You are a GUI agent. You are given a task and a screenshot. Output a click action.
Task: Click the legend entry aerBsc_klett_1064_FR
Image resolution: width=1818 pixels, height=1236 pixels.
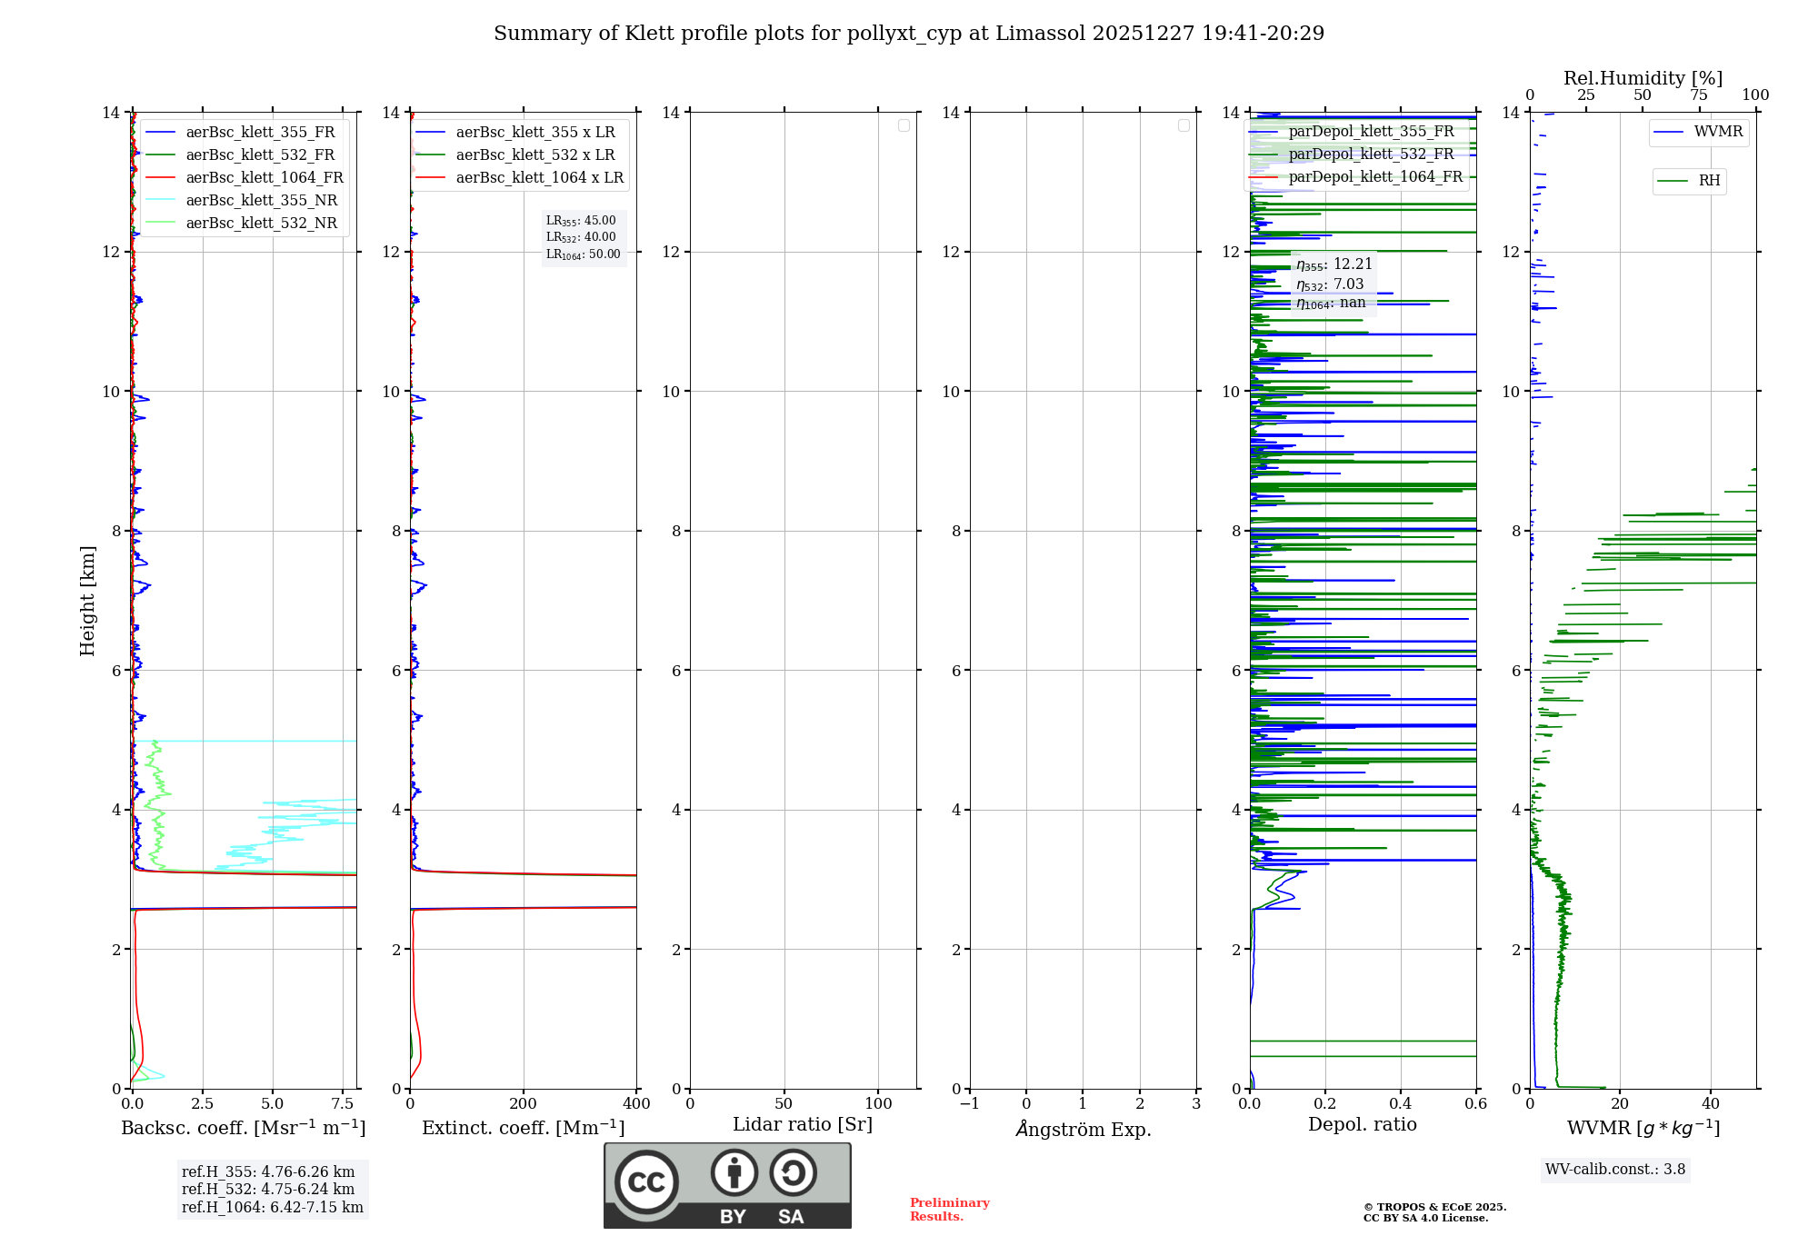pyautogui.click(x=265, y=178)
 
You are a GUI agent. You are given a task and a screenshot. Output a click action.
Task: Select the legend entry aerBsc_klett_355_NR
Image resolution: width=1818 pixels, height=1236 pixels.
pyautogui.click(x=261, y=201)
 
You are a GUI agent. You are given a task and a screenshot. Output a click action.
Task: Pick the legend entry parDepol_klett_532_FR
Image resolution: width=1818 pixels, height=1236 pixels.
pyautogui.click(x=1371, y=154)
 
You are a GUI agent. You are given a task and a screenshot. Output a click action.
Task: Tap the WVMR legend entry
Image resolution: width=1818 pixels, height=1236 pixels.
pyautogui.click(x=1718, y=132)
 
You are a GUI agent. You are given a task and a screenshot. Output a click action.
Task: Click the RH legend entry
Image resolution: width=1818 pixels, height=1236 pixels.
pyautogui.click(x=1709, y=181)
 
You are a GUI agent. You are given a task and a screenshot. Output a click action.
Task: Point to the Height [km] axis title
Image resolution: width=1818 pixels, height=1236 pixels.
pyautogui.click(x=87, y=601)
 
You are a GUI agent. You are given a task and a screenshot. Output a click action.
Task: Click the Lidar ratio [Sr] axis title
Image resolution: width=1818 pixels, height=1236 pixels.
pyautogui.click(x=803, y=1125)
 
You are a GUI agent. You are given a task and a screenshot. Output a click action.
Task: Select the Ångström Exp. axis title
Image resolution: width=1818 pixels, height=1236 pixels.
pyautogui.click(x=1084, y=1130)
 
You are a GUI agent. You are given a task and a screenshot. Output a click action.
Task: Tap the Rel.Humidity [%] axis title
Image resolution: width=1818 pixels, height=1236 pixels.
pyautogui.click(x=1643, y=78)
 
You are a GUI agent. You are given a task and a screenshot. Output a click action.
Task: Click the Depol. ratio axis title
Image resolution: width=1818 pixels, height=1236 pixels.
pyautogui.click(x=1362, y=1125)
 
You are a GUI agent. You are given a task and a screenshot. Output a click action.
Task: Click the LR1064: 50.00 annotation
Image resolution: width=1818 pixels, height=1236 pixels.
pyautogui.click(x=584, y=254)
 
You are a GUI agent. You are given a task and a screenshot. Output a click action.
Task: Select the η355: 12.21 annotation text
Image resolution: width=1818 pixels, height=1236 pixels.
pyautogui.click(x=1334, y=264)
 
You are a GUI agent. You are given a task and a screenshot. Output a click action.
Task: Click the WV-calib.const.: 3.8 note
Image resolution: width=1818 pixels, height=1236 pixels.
pyautogui.click(x=1615, y=1170)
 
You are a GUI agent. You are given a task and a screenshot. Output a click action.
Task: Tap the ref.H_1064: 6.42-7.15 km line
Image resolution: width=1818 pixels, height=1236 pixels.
pyautogui.click(x=273, y=1208)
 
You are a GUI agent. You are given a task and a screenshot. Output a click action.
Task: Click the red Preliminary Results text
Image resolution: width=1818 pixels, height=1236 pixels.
pyautogui.click(x=949, y=1210)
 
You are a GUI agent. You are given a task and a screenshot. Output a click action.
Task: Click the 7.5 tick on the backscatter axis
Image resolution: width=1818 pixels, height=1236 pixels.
pyautogui.click(x=343, y=1104)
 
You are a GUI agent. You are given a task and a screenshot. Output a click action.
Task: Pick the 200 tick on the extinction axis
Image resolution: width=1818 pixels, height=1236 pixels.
pyautogui.click(x=524, y=1104)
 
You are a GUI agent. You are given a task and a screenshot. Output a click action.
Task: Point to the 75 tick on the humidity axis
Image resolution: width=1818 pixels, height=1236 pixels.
pyautogui.click(x=1698, y=95)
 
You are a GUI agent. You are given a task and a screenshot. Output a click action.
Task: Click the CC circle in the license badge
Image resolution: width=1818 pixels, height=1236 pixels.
pyautogui.click(x=646, y=1182)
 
